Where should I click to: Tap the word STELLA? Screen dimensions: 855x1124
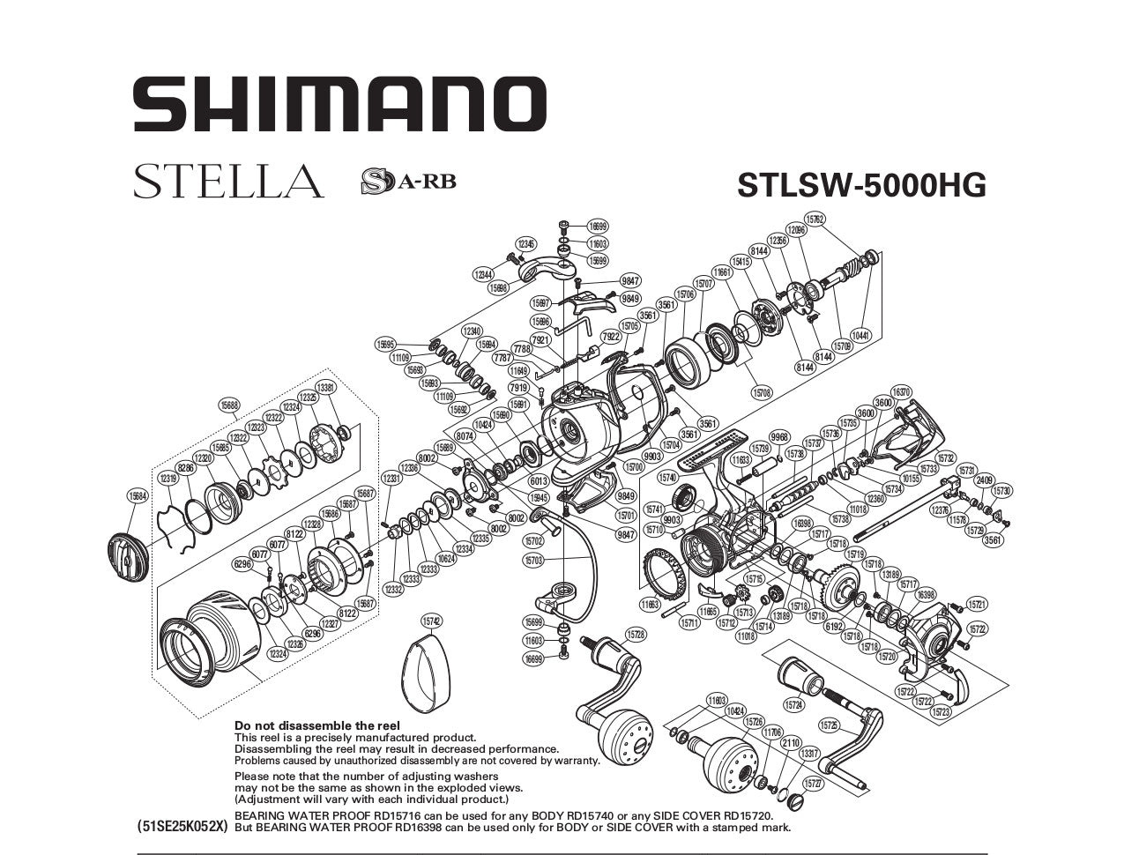228,181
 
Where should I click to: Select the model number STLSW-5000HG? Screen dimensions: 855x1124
860,185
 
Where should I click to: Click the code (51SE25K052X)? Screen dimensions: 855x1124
182,827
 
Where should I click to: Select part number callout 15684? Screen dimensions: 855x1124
138,495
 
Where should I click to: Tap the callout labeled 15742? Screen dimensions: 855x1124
430,621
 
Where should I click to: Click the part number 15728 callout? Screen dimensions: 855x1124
636,634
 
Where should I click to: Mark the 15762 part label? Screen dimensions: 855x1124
815,219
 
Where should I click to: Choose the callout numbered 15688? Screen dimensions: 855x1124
230,405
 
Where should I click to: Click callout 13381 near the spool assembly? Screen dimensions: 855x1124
325,387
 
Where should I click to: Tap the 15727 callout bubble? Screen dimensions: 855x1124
814,783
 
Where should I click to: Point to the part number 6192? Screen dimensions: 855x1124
835,626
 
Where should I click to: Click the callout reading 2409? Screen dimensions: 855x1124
985,480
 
